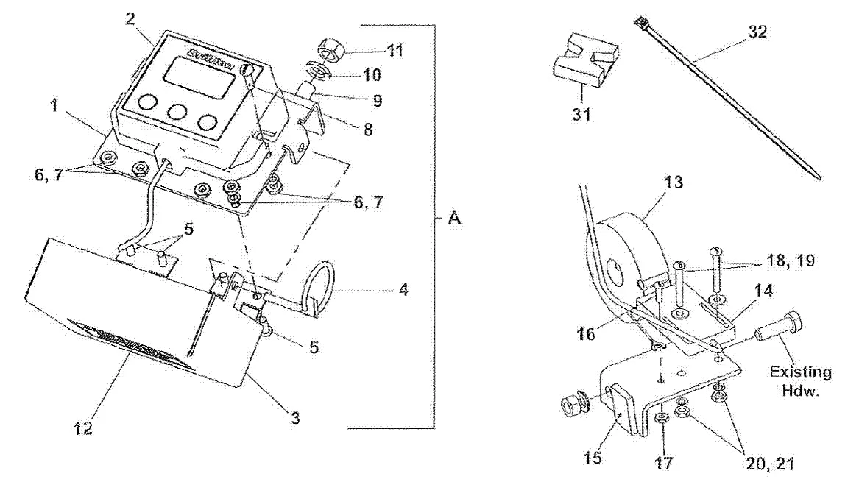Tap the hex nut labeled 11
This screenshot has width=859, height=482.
pyautogui.click(x=327, y=53)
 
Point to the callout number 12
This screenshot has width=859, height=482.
pyautogui.click(x=83, y=428)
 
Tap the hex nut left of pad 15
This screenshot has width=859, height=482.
pyautogui.click(x=571, y=404)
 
